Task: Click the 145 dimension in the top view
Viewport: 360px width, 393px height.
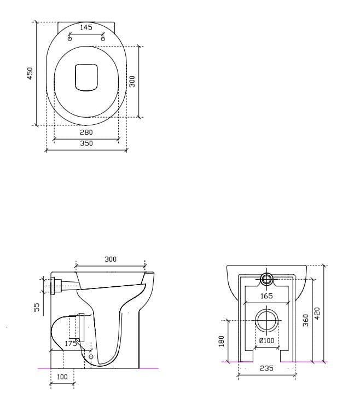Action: click(86, 27)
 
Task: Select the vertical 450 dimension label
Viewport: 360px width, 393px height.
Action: click(31, 73)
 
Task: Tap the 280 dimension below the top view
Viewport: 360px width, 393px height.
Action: click(86, 132)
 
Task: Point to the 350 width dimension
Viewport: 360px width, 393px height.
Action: click(86, 143)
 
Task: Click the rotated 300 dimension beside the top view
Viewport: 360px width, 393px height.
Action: click(132, 81)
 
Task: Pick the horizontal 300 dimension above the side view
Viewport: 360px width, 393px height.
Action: click(110, 259)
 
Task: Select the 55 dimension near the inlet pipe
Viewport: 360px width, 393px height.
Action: click(37, 308)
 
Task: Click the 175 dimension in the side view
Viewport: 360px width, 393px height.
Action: click(71, 344)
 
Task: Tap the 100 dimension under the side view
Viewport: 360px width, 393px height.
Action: click(62, 377)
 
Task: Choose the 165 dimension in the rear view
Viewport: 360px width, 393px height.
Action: click(266, 296)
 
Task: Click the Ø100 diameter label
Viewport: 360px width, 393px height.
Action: click(266, 341)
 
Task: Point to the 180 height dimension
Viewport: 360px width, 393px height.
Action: click(222, 341)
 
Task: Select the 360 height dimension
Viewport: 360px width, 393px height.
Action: click(306, 320)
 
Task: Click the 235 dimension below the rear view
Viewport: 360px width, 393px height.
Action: click(266, 368)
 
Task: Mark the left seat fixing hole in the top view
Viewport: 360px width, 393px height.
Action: click(69, 38)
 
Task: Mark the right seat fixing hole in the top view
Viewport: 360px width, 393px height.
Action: click(103, 38)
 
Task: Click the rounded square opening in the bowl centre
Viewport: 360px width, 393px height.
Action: click(86, 77)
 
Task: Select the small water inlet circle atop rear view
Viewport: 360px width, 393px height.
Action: click(266, 279)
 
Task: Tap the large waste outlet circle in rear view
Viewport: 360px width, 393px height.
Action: click(266, 320)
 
